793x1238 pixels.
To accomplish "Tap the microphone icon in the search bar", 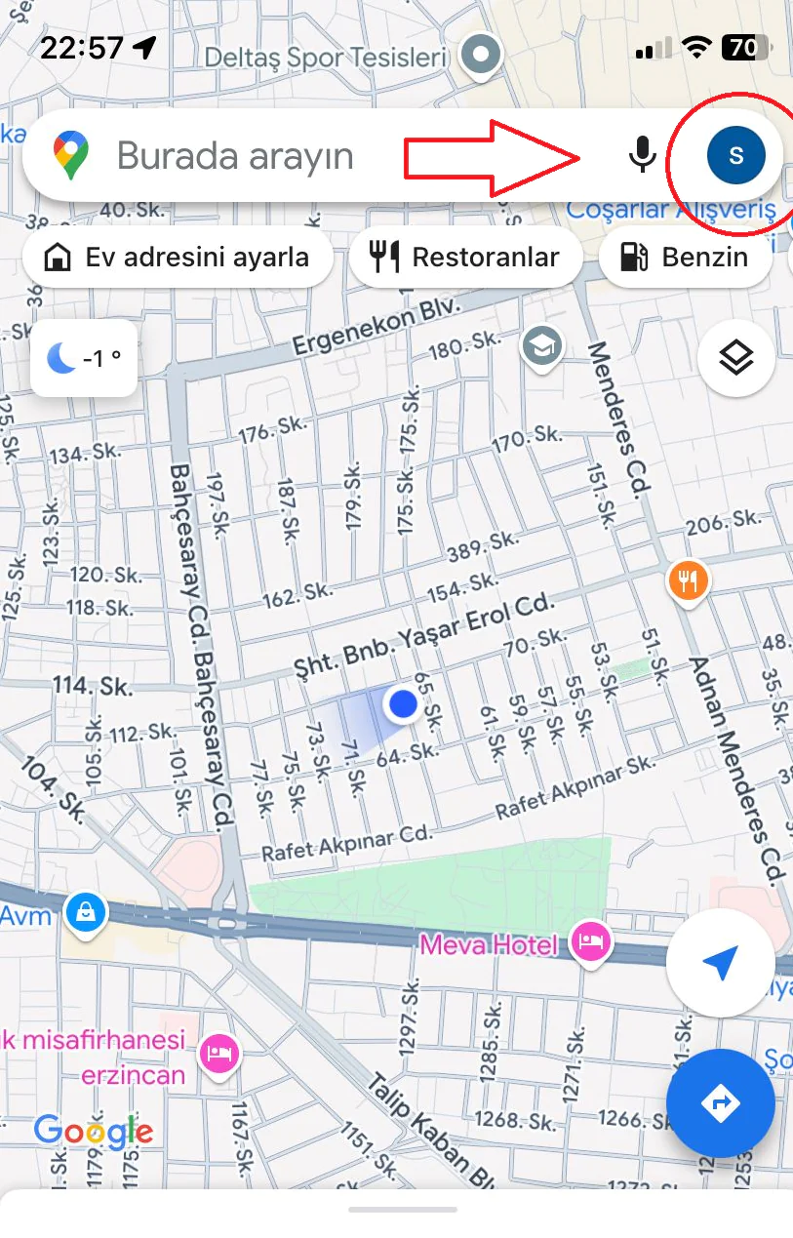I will (x=641, y=154).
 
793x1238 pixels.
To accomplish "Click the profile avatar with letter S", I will (x=736, y=154).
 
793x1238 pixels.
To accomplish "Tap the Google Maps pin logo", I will (x=71, y=155).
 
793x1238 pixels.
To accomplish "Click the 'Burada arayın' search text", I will (x=235, y=156).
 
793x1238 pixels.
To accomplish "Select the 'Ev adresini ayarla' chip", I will (x=178, y=258).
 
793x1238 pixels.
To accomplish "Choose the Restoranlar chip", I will (x=465, y=258).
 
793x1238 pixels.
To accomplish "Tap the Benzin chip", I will (x=685, y=258).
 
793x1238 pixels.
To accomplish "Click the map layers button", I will (x=736, y=358).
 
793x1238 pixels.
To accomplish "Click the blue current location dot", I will (x=402, y=702).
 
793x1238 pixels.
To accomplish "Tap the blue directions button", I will (x=720, y=1103).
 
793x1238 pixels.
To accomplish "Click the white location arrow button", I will (x=720, y=964).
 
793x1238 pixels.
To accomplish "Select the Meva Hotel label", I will (x=489, y=944).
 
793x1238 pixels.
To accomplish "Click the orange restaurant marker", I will (x=689, y=581).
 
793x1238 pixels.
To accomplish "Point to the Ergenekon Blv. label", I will (x=376, y=328).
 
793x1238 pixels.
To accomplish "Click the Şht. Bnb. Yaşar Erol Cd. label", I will (x=423, y=633).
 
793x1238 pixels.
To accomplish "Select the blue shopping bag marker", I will (x=86, y=913).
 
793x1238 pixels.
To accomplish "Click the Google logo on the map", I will (x=94, y=1132).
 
